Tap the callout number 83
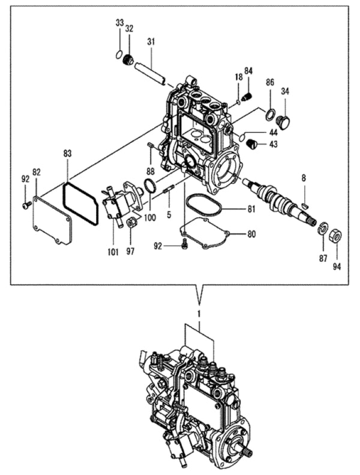pos(68,154)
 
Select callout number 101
pos(113,252)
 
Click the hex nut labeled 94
pos(336,235)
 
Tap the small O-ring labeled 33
pos(119,55)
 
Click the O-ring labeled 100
pos(151,187)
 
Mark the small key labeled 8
pos(305,205)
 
